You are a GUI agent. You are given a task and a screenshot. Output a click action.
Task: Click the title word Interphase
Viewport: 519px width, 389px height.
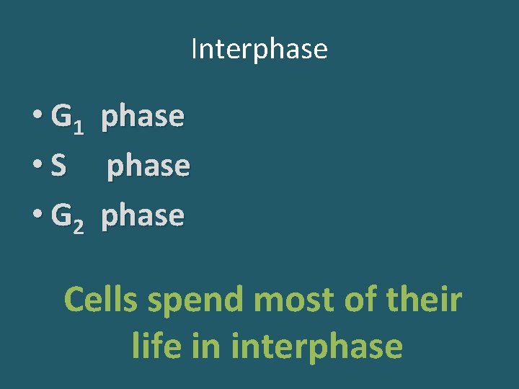pyautogui.click(x=259, y=49)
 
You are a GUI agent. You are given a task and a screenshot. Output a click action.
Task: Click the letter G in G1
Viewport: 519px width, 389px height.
pyautogui.click(x=61, y=115)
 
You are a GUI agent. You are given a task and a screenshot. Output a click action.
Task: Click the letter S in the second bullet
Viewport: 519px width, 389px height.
pyautogui.click(x=59, y=166)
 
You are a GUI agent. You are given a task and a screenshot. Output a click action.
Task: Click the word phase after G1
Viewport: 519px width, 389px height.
pyautogui.click(x=143, y=117)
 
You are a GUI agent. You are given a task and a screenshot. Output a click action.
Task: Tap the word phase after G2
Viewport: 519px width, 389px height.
pyautogui.click(x=143, y=216)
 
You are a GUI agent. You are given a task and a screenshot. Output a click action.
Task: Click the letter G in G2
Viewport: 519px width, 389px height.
pyautogui.click(x=61, y=215)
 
